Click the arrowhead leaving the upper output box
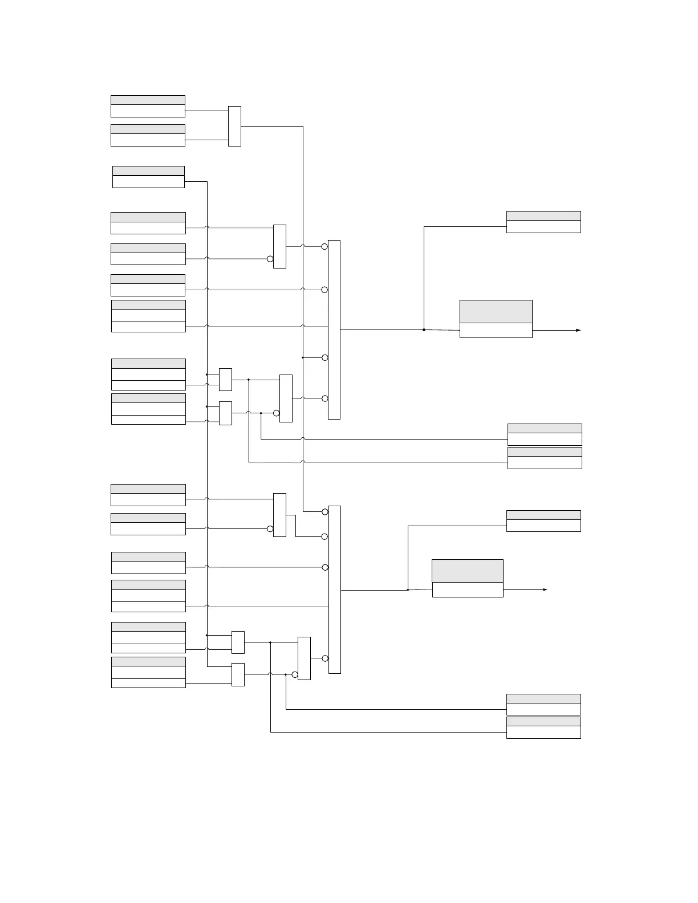[578, 330]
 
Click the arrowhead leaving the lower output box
[545, 589]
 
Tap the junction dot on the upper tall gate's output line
[424, 330]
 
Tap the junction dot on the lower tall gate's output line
[408, 589]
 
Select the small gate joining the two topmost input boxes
[234, 126]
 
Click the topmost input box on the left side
[148, 107]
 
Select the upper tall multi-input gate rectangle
[334, 330]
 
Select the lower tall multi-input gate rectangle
[335, 589]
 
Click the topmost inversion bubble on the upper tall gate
[324, 246]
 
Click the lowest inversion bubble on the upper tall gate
[324, 398]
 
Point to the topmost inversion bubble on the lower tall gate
[324, 512]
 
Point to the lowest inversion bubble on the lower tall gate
[324, 658]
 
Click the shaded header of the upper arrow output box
[496, 311]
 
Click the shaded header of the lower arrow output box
[468, 571]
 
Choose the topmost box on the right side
[543, 222]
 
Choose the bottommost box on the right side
[543, 728]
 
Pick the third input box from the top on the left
[148, 177]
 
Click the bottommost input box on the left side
[148, 672]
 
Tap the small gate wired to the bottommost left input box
[238, 674]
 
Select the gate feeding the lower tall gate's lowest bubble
[304, 658]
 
